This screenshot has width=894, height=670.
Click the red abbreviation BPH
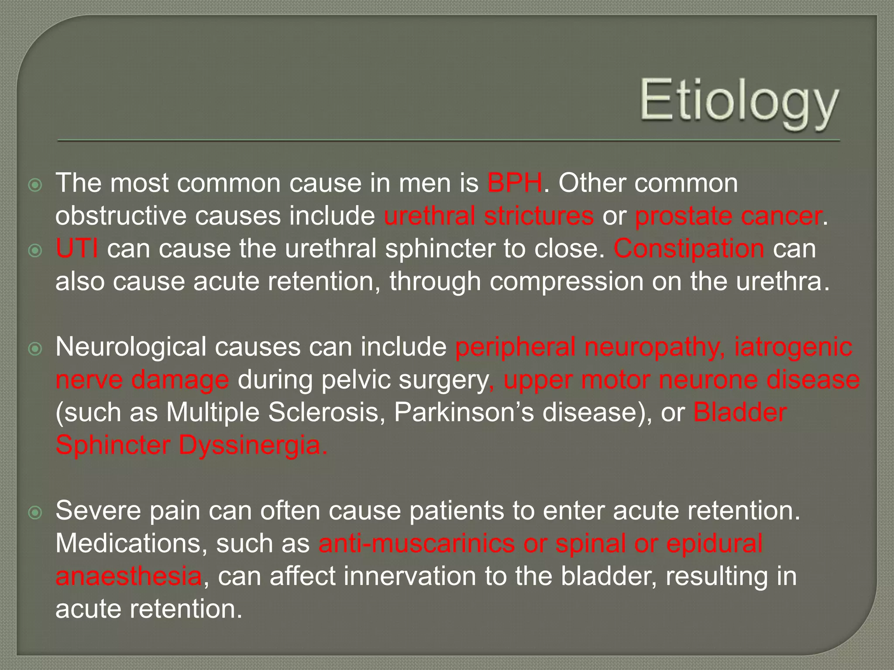click(x=515, y=183)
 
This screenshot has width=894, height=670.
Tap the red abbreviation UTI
click(x=77, y=249)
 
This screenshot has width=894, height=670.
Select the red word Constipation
click(x=689, y=249)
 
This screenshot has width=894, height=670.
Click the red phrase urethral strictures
click(x=488, y=216)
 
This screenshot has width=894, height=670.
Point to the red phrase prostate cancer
click(x=728, y=216)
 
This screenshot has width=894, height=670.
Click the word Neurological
click(x=131, y=347)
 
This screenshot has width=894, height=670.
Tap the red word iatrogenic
click(x=793, y=347)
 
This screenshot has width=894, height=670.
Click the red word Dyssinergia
click(x=252, y=445)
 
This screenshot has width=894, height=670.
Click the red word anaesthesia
click(x=128, y=576)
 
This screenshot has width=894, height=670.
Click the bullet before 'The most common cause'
click(x=35, y=185)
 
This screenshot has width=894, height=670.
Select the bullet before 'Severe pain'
click(x=35, y=513)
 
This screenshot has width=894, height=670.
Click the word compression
click(x=566, y=282)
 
